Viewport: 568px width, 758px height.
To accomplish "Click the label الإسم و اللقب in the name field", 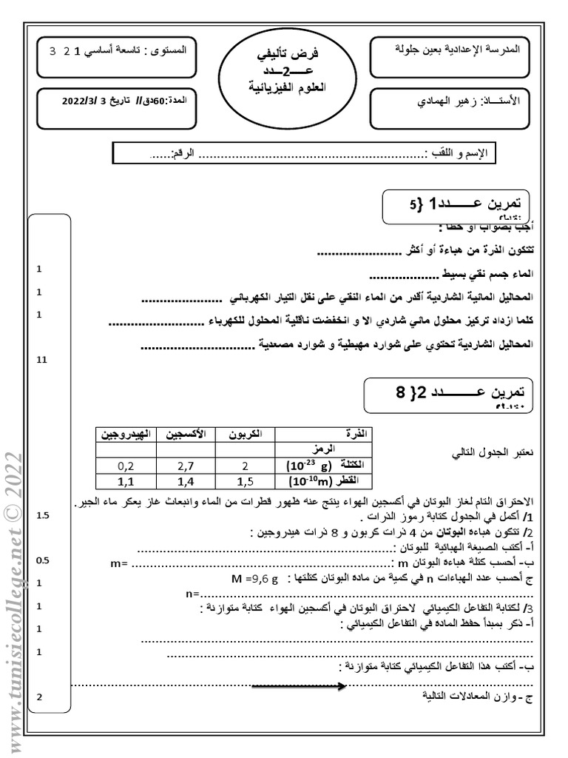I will (458, 154).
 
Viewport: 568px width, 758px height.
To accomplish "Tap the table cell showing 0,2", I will (126, 466).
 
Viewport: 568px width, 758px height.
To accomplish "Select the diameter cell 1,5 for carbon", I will (245, 481).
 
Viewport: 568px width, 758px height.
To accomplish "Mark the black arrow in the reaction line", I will (299, 685).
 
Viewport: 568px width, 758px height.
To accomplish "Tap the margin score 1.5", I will (42, 515).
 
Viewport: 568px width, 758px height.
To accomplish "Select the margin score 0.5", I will (42, 560).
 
